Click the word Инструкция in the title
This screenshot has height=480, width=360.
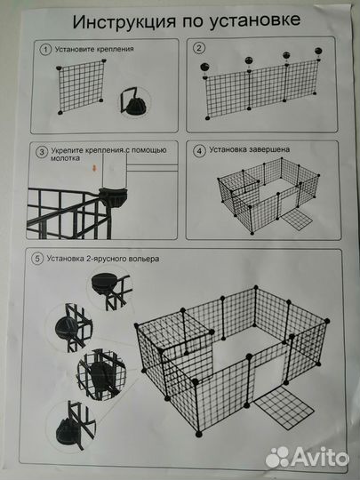point(124,22)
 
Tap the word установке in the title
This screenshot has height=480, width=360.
point(255,20)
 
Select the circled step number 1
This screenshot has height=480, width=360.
point(45,50)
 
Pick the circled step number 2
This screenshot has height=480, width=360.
point(199,48)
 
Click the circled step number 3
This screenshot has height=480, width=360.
point(42,152)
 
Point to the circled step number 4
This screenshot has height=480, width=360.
point(200,151)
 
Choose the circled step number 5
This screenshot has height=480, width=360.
point(37,259)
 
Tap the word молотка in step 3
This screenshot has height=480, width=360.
point(65,158)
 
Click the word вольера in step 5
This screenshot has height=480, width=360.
point(146,259)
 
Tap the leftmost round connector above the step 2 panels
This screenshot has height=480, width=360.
point(204,67)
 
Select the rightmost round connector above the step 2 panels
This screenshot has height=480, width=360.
point(318,51)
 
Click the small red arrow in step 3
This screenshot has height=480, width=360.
point(94,168)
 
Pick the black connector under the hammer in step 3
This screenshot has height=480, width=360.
point(113,197)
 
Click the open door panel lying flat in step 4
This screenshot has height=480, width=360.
point(297,220)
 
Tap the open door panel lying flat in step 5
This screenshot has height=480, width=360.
point(284,408)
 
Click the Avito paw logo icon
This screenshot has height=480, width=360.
point(277,457)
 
